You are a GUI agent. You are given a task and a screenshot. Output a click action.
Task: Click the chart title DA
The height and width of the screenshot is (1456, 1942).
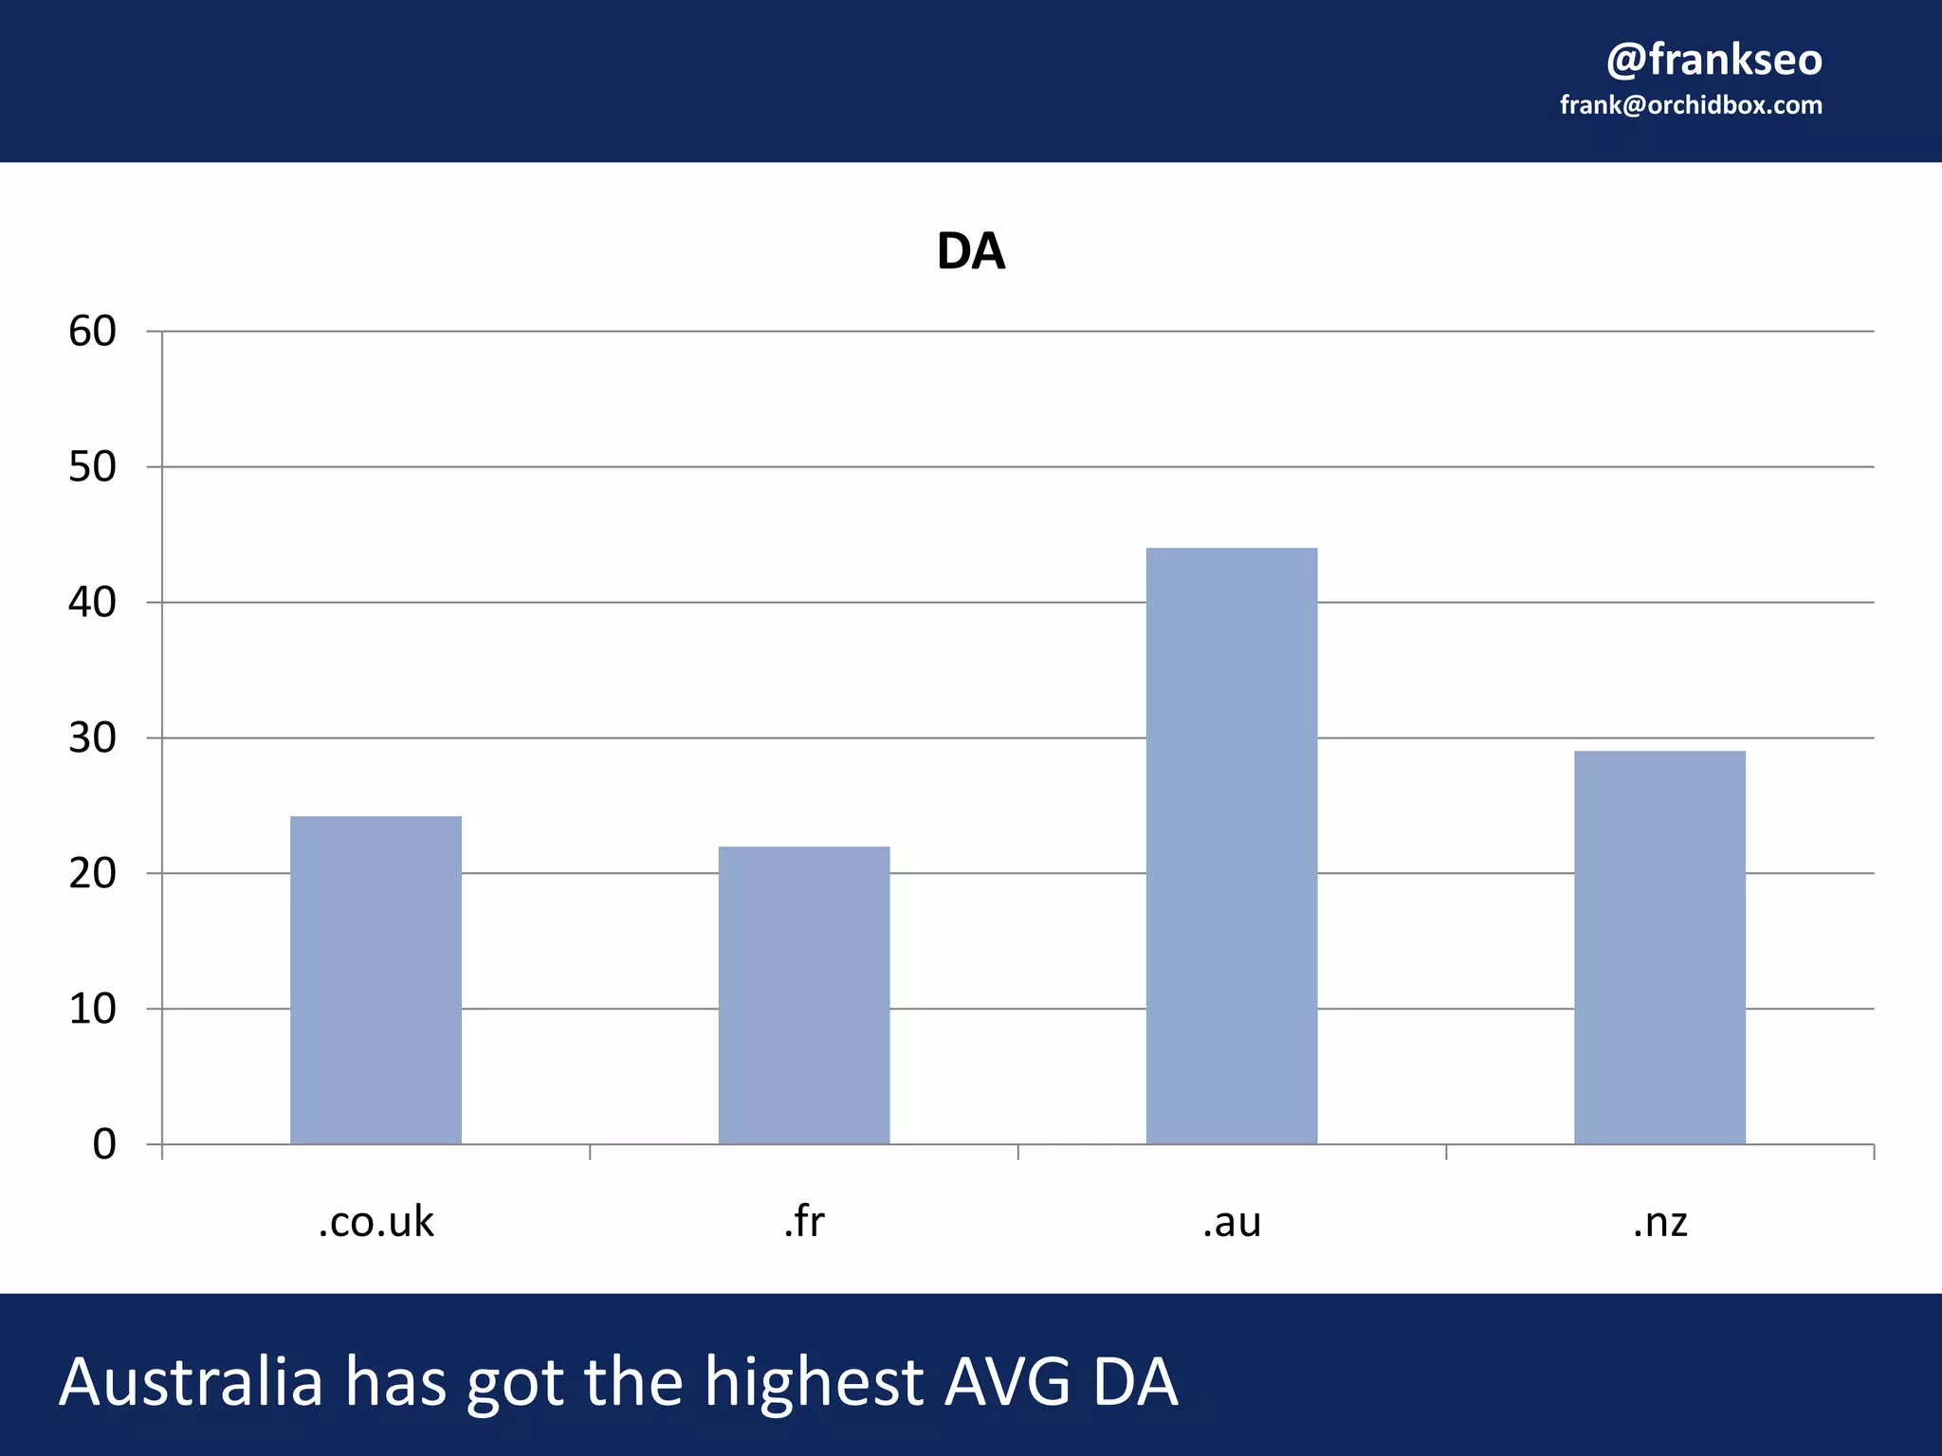coord(970,252)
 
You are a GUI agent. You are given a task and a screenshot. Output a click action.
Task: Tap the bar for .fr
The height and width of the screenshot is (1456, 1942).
coord(804,994)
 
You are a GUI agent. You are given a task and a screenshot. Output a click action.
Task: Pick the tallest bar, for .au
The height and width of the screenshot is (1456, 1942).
coord(1231,846)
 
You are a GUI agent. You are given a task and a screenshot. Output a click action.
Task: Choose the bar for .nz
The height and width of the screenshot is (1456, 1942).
coord(1659,947)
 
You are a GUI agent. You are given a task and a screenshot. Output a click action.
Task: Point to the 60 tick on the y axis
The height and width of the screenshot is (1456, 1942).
coord(92,332)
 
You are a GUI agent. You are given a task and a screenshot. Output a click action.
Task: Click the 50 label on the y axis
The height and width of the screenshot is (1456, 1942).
coord(92,467)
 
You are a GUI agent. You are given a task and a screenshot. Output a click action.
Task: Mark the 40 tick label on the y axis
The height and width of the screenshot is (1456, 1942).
coord(92,603)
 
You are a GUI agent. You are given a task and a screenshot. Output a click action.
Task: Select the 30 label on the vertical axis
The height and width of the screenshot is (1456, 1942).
coord(92,738)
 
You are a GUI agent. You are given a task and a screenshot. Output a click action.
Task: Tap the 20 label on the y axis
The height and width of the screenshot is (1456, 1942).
coord(92,874)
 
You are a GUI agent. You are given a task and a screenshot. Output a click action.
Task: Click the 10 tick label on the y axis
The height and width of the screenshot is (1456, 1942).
coord(92,1010)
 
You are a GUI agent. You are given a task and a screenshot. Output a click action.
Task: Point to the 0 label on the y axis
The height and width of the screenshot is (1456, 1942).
coord(104,1145)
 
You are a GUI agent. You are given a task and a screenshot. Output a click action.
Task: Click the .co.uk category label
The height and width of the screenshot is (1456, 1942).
coord(376,1223)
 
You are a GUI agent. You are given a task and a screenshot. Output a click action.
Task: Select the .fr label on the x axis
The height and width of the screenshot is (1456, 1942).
coord(804,1222)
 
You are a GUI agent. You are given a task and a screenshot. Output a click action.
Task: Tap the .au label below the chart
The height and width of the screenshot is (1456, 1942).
coord(1231,1223)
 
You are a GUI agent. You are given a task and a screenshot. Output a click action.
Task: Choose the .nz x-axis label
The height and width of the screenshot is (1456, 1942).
coord(1659,1223)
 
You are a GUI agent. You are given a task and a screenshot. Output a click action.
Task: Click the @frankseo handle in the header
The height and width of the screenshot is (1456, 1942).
coord(1713,60)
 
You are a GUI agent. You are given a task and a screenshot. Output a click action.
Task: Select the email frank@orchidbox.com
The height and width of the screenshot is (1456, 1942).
coord(1691,105)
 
